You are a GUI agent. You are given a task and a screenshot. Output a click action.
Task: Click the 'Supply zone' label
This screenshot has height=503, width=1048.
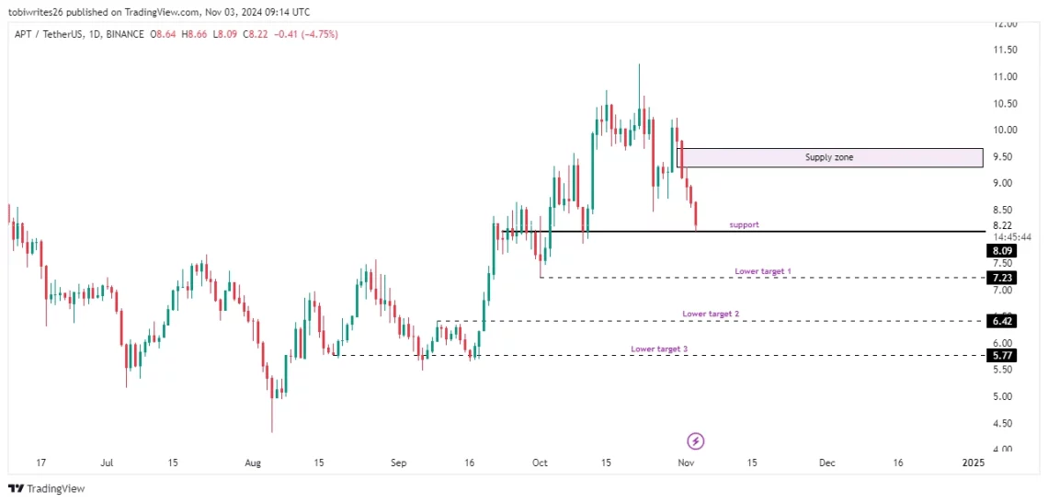[x=828, y=157]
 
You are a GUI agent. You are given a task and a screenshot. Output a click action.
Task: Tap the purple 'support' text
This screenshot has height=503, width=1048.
[x=744, y=224]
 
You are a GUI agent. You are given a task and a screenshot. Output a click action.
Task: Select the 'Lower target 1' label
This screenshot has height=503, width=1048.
[x=763, y=271]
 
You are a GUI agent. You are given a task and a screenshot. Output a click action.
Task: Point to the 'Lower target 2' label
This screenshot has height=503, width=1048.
[x=711, y=314]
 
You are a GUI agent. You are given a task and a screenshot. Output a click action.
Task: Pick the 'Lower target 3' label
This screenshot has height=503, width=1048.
[x=659, y=349]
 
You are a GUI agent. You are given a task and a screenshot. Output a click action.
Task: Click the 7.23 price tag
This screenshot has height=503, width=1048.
[x=1002, y=278]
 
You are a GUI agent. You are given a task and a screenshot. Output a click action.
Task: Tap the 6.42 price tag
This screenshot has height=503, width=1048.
[x=1002, y=321]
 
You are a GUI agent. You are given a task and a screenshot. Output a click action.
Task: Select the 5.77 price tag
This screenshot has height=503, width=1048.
[x=1002, y=355]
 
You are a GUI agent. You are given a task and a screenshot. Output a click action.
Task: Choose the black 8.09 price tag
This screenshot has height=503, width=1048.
[x=1002, y=250]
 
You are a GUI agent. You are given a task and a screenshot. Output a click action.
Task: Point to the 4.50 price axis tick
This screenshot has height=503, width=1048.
[x=1003, y=423]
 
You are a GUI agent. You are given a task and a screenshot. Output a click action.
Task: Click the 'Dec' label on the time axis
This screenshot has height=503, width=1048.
[x=826, y=463]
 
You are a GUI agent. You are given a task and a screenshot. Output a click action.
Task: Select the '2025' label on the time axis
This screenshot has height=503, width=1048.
[x=973, y=463]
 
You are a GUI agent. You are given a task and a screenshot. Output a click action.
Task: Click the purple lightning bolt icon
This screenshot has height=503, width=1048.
[x=696, y=440]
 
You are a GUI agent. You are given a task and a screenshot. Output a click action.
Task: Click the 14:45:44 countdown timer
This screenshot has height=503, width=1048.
[x=1012, y=236]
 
